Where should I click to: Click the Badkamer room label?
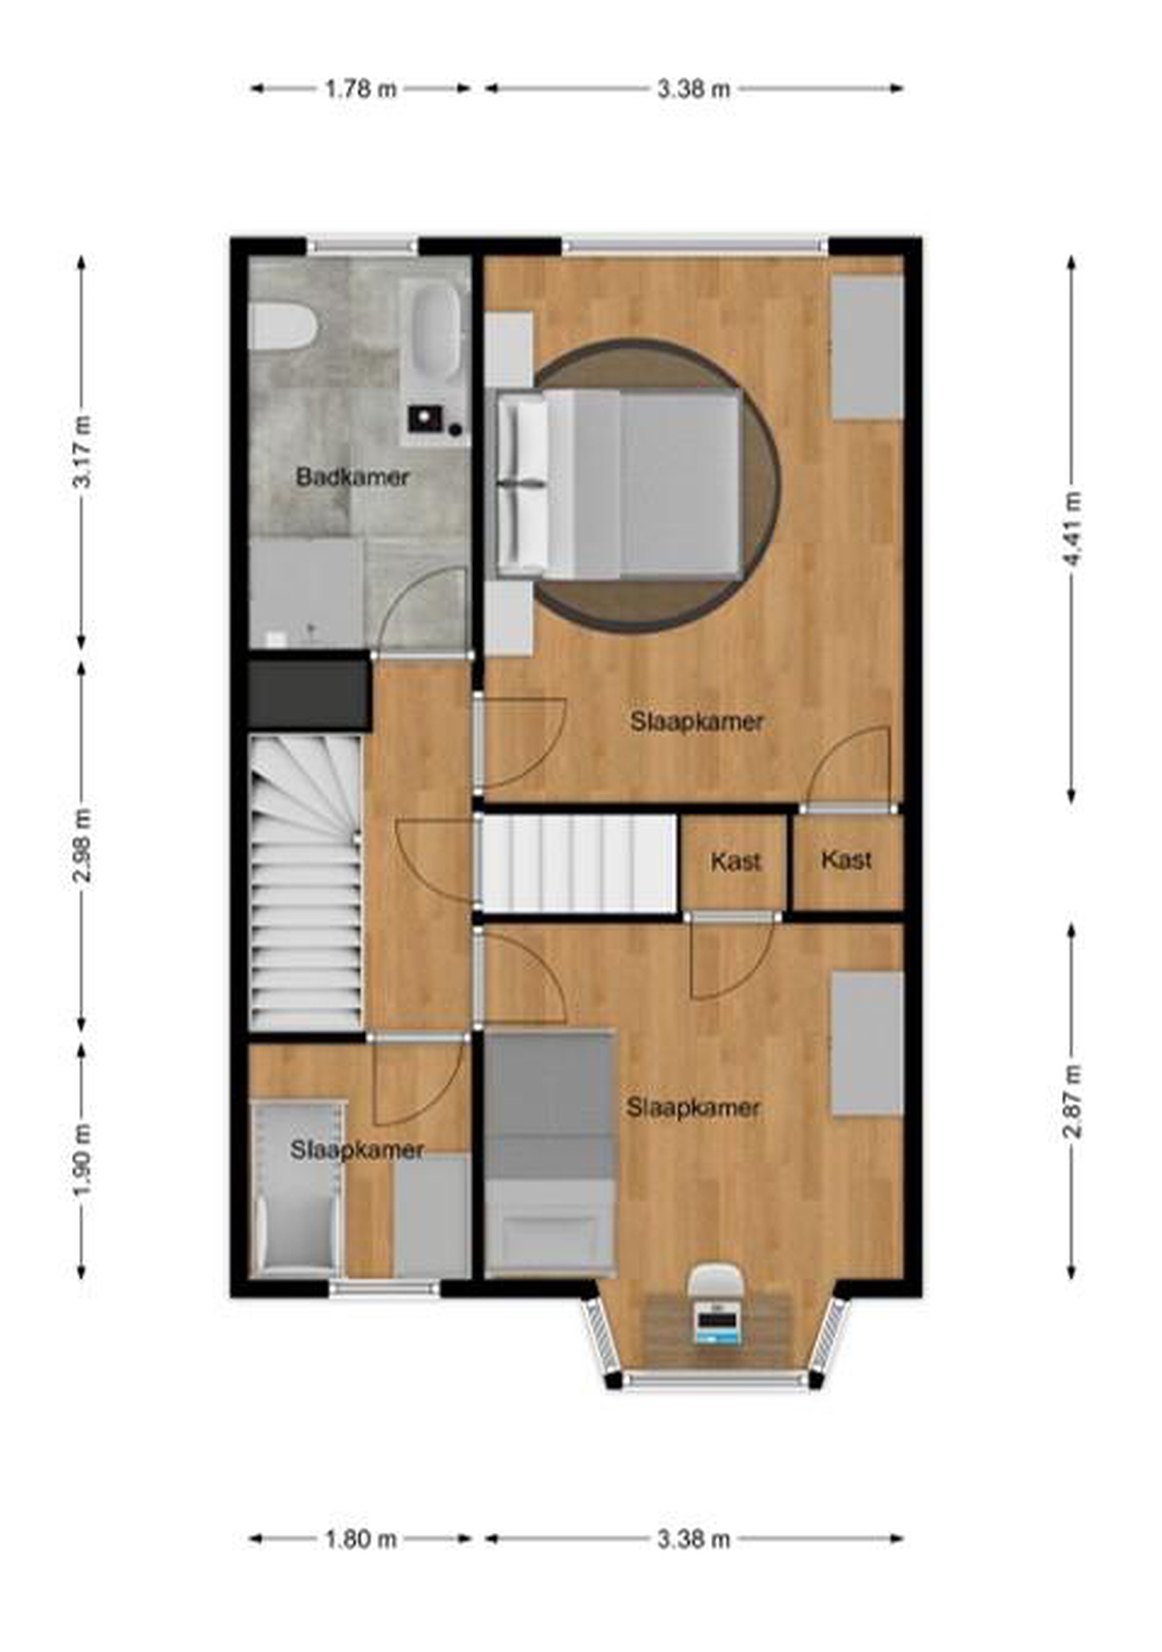coord(353,477)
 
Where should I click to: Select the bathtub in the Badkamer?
coord(436,333)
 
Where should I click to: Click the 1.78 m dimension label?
coord(360,89)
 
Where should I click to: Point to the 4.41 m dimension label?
coord(1072,529)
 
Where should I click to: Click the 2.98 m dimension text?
coord(82,845)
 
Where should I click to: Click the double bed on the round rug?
coord(619,484)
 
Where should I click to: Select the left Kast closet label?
coord(735,861)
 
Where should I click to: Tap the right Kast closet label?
coord(846,859)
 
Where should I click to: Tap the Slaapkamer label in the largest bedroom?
coord(696,722)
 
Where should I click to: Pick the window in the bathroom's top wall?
coord(362,246)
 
